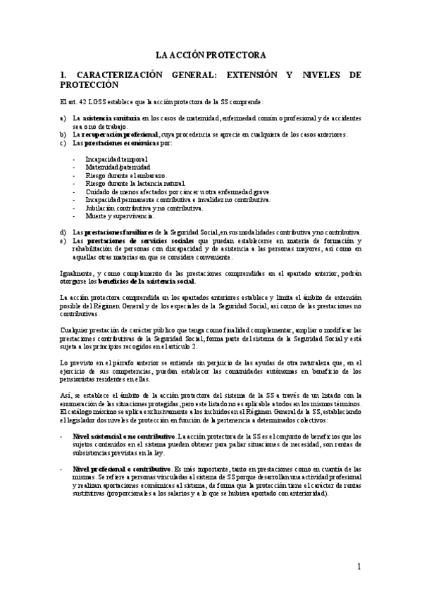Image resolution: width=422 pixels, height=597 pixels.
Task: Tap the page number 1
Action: [359, 566]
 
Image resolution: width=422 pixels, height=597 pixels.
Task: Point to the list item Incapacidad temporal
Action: [112, 159]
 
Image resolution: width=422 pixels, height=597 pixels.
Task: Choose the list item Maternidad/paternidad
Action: [117, 167]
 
